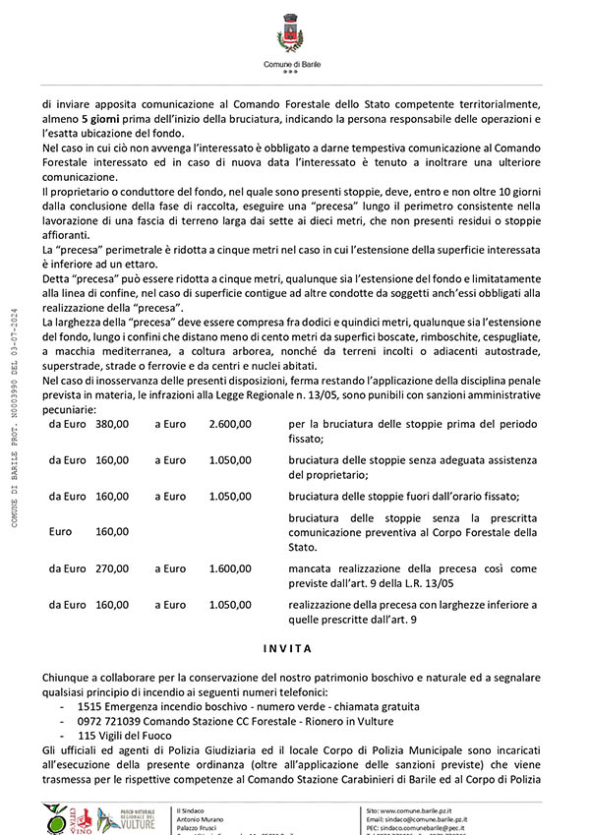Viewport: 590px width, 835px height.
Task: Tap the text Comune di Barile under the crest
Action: [x=291, y=64]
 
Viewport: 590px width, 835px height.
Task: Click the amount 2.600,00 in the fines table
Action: [x=230, y=424]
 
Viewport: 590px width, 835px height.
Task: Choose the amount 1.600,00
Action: [x=230, y=568]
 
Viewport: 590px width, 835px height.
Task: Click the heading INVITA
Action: [x=288, y=649]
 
